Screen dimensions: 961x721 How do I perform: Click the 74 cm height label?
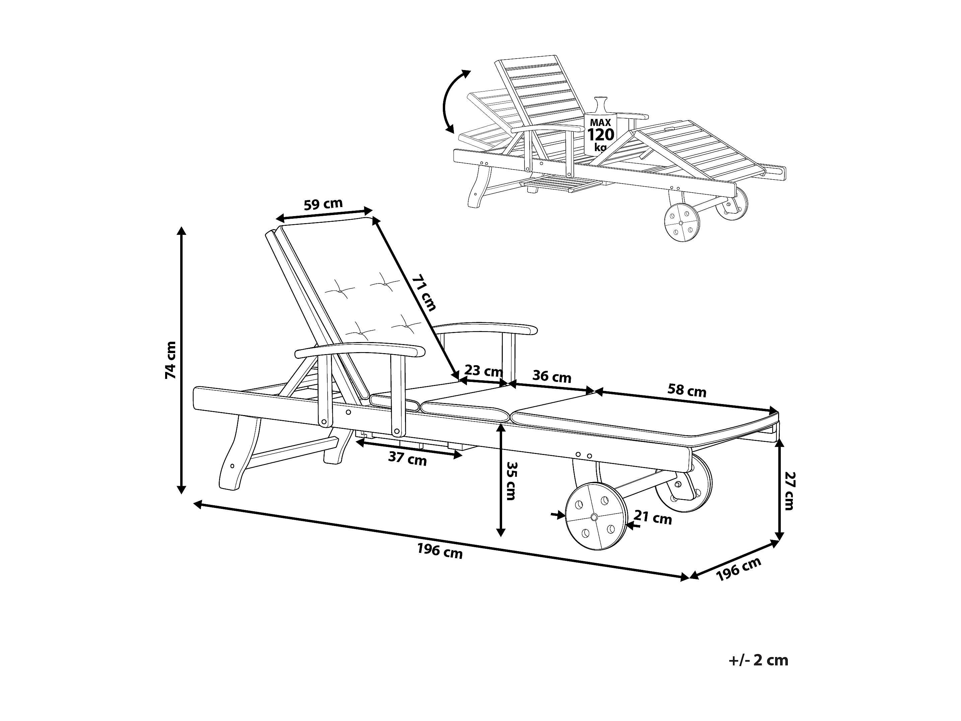pos(171,360)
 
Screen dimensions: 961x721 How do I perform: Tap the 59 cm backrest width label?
pos(323,204)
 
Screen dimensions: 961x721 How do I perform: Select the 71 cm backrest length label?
pos(424,292)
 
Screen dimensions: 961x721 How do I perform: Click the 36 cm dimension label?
pos(552,376)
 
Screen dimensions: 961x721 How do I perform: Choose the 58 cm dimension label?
pos(687,390)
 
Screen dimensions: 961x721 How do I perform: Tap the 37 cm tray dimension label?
pos(408,459)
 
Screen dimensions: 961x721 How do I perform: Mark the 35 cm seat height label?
pos(511,481)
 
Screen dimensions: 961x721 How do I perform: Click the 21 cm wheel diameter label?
pos(653,518)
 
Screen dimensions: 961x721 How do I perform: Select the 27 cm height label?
pos(789,491)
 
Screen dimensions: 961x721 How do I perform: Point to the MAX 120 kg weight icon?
pos(600,126)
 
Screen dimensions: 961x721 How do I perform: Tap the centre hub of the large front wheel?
pos(594,517)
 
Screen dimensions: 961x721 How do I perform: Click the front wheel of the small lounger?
pos(682,222)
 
